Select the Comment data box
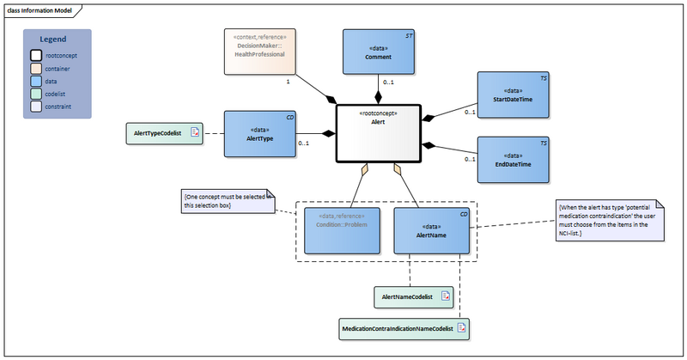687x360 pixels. coord(377,51)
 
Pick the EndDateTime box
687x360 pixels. coord(513,158)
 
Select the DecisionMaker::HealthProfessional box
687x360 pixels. coord(261,49)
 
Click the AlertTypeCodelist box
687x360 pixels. coord(164,133)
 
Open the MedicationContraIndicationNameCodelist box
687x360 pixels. coord(404,327)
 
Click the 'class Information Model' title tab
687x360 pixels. coord(42,9)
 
